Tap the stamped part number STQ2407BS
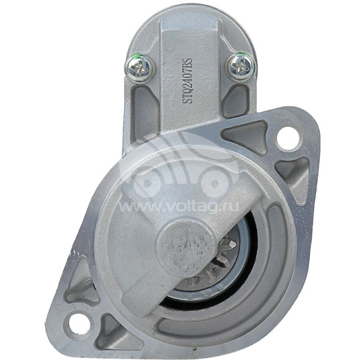tap(189, 80)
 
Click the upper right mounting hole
tap(287, 138)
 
